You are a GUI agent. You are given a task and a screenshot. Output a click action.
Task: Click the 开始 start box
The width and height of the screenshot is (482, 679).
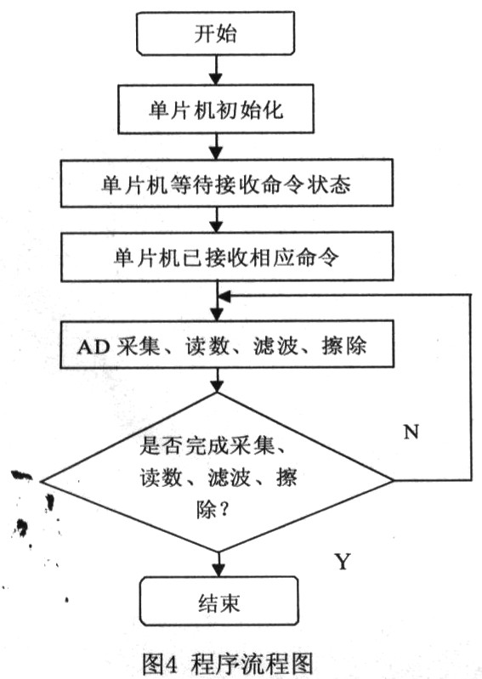216,33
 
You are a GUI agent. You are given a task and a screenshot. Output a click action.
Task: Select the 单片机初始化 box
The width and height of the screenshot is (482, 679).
216,109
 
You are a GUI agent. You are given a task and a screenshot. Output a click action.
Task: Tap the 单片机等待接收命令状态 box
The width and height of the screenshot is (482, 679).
226,184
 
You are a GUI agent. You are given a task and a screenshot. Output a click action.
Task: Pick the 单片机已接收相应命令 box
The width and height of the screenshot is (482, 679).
226,257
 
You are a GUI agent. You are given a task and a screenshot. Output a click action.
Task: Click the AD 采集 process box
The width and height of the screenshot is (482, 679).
226,344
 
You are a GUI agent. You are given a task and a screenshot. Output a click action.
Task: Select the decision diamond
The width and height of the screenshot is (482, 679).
217,472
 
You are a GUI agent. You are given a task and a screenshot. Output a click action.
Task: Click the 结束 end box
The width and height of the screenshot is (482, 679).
218,601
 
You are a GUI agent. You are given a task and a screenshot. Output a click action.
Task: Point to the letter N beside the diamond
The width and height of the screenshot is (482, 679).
411,432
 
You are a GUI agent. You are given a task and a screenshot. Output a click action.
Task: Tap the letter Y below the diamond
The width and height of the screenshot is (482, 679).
343,561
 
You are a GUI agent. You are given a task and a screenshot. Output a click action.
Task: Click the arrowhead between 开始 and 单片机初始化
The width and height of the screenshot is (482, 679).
216,78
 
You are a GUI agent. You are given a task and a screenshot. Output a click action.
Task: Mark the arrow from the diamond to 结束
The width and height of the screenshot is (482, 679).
218,564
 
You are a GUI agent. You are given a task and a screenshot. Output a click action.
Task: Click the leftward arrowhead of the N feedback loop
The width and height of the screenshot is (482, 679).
224,297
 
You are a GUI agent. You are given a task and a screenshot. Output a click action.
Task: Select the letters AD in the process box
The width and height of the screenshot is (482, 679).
94,347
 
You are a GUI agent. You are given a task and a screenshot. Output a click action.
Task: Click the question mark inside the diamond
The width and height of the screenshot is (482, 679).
224,509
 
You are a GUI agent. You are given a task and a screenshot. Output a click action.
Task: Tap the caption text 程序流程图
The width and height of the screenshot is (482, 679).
251,663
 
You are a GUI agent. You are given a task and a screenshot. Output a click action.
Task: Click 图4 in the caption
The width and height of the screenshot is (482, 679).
159,663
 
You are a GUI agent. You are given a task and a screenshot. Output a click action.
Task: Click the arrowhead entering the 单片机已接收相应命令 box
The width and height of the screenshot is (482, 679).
216,227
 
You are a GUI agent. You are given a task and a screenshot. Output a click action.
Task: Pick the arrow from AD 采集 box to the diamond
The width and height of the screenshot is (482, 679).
217,380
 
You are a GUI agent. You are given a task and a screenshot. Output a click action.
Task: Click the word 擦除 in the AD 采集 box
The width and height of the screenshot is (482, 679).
344,346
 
